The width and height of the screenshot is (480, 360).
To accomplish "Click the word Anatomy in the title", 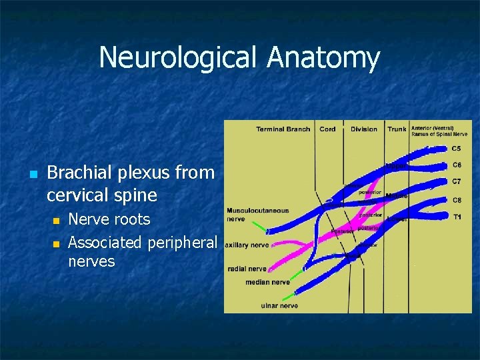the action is coord(323,58).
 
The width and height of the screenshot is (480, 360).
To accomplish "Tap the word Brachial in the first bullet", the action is coord(76,173).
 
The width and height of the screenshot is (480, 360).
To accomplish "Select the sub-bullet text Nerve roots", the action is coord(109,219).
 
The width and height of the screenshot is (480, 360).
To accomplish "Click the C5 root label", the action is coord(457,148).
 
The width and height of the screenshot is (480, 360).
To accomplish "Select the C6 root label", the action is coord(457,165).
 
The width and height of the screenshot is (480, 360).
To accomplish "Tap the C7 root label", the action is coord(457,181).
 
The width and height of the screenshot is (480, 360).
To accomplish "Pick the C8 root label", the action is coord(457,200).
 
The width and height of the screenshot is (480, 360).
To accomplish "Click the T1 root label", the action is coord(457,217).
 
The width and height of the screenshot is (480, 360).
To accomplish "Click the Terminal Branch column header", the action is coord(283,129).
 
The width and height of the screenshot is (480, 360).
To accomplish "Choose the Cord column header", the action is coord(327,129).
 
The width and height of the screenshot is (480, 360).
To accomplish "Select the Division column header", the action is coord(364,129).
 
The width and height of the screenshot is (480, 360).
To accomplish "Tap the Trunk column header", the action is coord(397,129).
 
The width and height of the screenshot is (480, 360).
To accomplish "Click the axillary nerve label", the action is coord(247,245).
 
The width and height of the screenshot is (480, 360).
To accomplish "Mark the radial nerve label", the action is coord(247,269).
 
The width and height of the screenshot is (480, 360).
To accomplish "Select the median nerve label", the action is coord(267,282).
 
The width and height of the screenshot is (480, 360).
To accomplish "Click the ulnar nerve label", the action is coord(279,306).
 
